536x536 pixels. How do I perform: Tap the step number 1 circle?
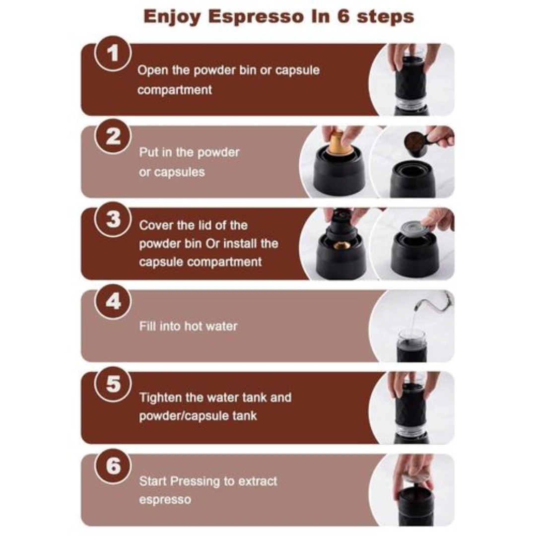coord(113,53)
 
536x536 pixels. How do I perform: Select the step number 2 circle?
coord(113,136)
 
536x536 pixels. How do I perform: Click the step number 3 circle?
coord(113,219)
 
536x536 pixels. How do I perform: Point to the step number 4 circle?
coord(113,302)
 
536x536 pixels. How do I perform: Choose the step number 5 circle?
coord(113,384)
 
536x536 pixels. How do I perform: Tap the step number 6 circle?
coord(113,466)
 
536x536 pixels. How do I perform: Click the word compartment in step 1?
coord(175,90)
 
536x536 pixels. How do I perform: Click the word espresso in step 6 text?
coord(165,500)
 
